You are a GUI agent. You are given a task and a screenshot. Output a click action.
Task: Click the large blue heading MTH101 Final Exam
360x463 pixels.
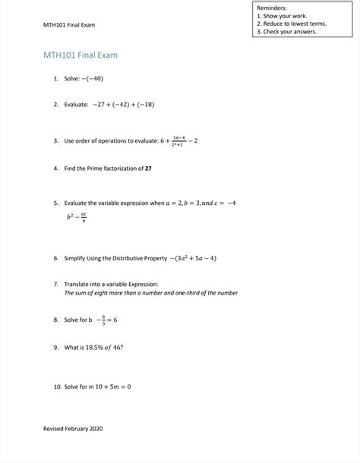coord(81,55)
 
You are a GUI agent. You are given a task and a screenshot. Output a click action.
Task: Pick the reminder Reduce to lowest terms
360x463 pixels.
coord(296,24)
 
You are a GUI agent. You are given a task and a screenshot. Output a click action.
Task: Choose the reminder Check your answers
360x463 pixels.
coord(292,32)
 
